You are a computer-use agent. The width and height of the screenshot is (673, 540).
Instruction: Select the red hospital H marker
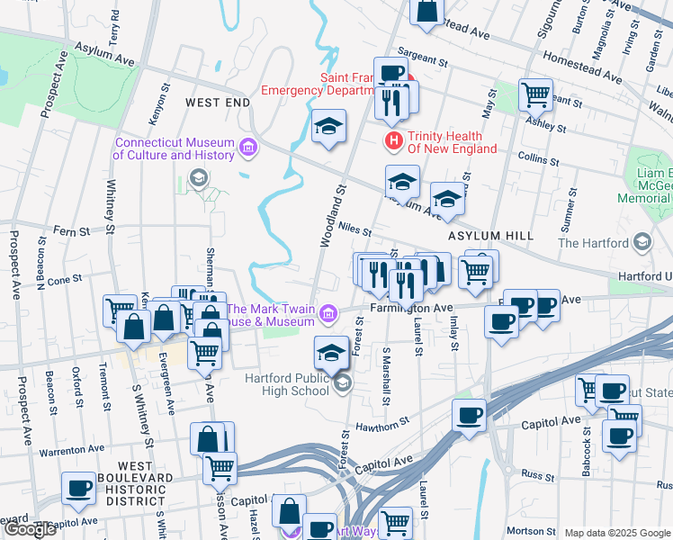pyautogui.click(x=393, y=141)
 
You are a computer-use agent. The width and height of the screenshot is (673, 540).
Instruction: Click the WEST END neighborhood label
pyautogui.click(x=217, y=103)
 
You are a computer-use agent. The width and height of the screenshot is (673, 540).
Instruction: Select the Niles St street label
pyautogui.click(x=355, y=228)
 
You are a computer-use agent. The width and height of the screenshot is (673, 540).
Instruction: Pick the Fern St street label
pyautogui.click(x=64, y=231)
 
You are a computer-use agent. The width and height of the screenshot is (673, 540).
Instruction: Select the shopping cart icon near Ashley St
pyautogui.click(x=535, y=94)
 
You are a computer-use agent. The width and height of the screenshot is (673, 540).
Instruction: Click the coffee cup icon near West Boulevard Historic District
pyautogui.click(x=78, y=489)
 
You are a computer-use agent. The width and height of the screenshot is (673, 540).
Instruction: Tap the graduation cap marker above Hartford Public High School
pyautogui.click(x=331, y=353)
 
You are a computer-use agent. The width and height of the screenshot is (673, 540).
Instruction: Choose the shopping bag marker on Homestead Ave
pyautogui.click(x=426, y=11)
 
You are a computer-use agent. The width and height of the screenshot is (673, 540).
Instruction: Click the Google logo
pyautogui.click(x=30, y=530)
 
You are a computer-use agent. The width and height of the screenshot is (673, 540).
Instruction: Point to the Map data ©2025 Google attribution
pyautogui.click(x=616, y=533)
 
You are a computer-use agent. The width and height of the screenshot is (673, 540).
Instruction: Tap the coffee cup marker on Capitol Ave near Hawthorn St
pyautogui.click(x=469, y=417)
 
